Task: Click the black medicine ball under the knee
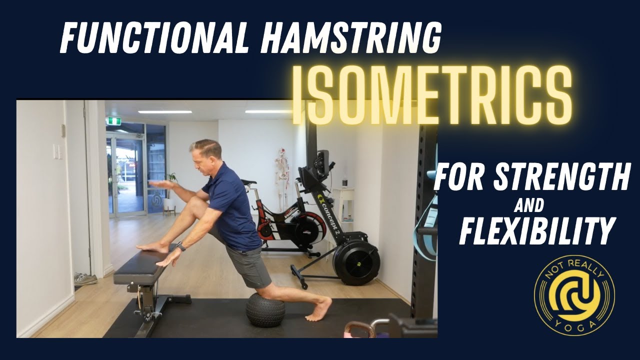(x=265, y=310)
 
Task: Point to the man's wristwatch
(x=181, y=246)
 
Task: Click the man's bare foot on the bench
(x=153, y=246)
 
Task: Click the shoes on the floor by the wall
(x=85, y=279)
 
